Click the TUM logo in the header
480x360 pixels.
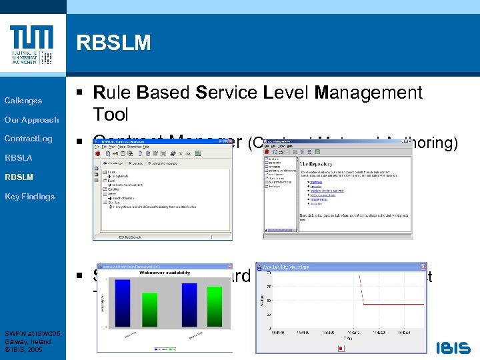pos(31,45)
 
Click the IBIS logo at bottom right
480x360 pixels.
pos(453,347)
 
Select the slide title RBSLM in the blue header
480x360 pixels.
pos(113,43)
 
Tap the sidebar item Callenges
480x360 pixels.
pos(23,101)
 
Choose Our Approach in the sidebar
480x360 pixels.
pos(31,120)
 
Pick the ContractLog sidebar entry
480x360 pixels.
pos(28,139)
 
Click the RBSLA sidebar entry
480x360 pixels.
pos(19,158)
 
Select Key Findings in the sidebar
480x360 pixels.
pos(29,196)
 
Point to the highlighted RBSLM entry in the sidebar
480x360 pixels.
pos(19,177)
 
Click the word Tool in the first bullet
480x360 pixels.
pos(111,115)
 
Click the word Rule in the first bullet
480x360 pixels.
pos(111,93)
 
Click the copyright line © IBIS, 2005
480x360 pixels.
pos(24,349)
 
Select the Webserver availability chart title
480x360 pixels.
pos(164,273)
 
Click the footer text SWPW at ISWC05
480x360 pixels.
pos(33,333)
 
